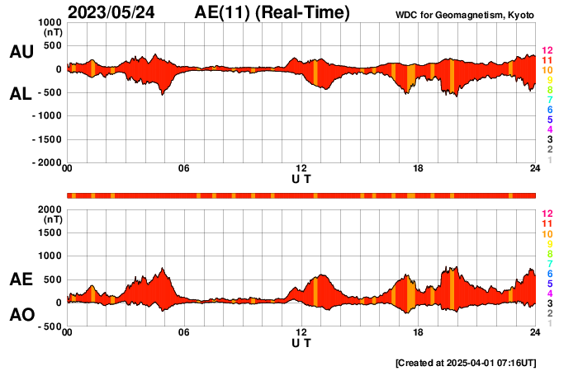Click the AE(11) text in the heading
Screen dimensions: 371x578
click(x=223, y=12)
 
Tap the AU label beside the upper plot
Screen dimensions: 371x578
click(x=21, y=52)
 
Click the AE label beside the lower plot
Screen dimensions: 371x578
click(x=21, y=279)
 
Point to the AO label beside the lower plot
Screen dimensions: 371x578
click(x=21, y=315)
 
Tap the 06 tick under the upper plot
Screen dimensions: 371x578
click(x=184, y=169)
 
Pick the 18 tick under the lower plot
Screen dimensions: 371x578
click(x=419, y=333)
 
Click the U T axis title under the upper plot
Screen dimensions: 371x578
click(x=301, y=178)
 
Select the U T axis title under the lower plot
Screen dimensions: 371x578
click(x=301, y=342)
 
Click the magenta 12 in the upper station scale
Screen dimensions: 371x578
click(x=546, y=49)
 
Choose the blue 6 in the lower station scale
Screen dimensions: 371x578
click(x=549, y=273)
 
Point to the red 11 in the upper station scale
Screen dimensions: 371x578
click(x=546, y=60)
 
